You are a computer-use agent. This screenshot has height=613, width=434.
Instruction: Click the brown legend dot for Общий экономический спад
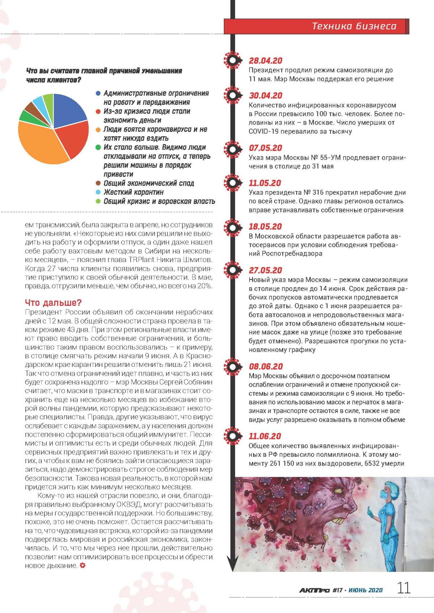click(x=98, y=183)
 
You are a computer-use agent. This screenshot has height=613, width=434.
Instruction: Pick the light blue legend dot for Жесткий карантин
click(x=98, y=192)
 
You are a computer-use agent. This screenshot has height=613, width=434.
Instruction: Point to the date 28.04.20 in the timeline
click(x=265, y=61)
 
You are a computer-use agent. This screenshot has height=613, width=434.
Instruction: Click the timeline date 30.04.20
click(x=265, y=96)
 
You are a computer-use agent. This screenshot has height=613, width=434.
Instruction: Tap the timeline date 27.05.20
click(x=265, y=270)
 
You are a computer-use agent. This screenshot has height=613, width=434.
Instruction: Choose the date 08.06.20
click(x=265, y=366)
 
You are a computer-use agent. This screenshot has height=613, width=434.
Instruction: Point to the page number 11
click(x=404, y=588)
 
